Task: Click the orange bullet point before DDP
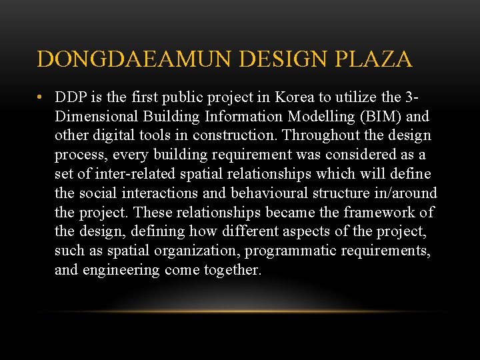click(41, 97)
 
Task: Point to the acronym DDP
click(70, 97)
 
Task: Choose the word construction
click(236, 136)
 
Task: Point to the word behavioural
click(271, 193)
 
